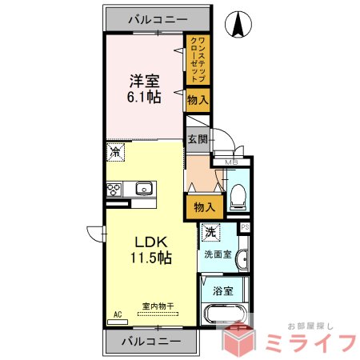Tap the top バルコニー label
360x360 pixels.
156,18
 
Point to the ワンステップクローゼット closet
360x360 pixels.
199,60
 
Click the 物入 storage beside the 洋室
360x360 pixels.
198,101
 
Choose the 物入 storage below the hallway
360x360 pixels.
204,207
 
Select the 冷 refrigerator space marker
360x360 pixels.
117,150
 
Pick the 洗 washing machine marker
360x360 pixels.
210,233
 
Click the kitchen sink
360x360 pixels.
144,190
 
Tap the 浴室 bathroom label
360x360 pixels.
225,291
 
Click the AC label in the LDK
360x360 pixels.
117,315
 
